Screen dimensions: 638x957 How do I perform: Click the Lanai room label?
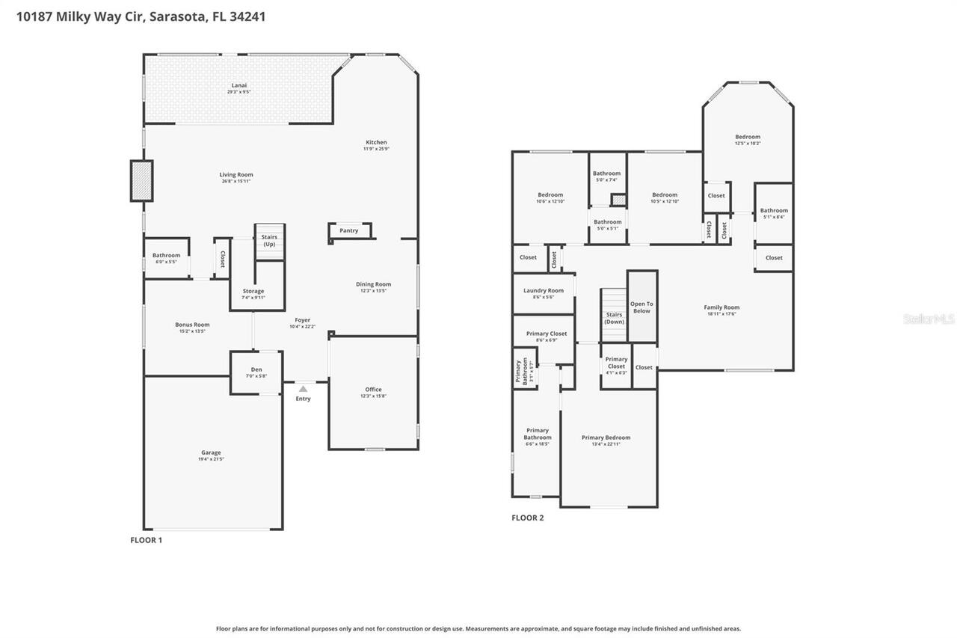[239, 85]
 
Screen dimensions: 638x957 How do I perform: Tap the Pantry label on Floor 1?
[348, 230]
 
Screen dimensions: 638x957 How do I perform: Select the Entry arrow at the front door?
[303, 389]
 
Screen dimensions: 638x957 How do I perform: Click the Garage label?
[211, 453]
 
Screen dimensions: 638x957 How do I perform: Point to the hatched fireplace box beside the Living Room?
[141, 181]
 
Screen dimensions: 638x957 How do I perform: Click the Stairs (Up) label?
[268, 241]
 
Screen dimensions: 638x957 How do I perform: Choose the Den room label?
[256, 369]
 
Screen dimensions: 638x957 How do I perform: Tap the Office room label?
[373, 390]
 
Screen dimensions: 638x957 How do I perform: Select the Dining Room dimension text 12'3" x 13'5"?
[373, 291]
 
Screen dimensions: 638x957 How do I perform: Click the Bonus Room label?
[192, 325]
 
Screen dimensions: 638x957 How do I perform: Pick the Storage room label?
[253, 291]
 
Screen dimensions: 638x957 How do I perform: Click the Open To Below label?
[641, 307]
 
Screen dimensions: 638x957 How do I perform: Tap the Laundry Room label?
[544, 290]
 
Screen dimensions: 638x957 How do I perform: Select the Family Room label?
[721, 307]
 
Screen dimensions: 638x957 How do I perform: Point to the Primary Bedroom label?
[606, 438]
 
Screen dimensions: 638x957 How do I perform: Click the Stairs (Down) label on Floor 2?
[614, 318]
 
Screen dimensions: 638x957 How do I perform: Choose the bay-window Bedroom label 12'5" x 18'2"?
[747, 137]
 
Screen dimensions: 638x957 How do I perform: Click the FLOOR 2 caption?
[527, 518]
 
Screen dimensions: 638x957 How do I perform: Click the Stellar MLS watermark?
[929, 319]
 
